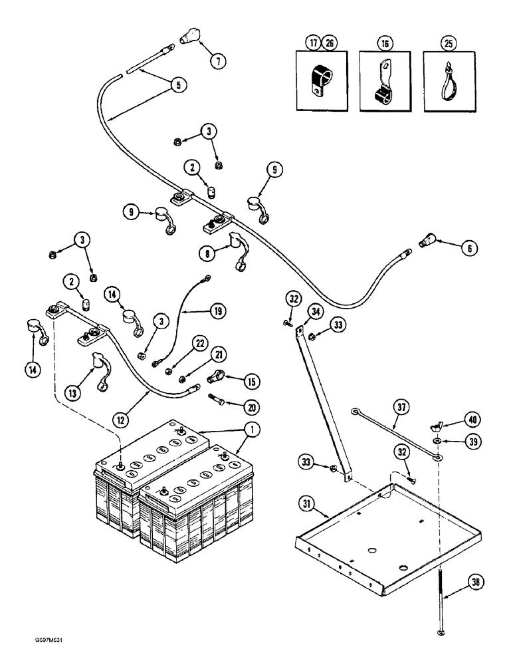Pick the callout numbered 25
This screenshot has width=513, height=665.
click(442, 45)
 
